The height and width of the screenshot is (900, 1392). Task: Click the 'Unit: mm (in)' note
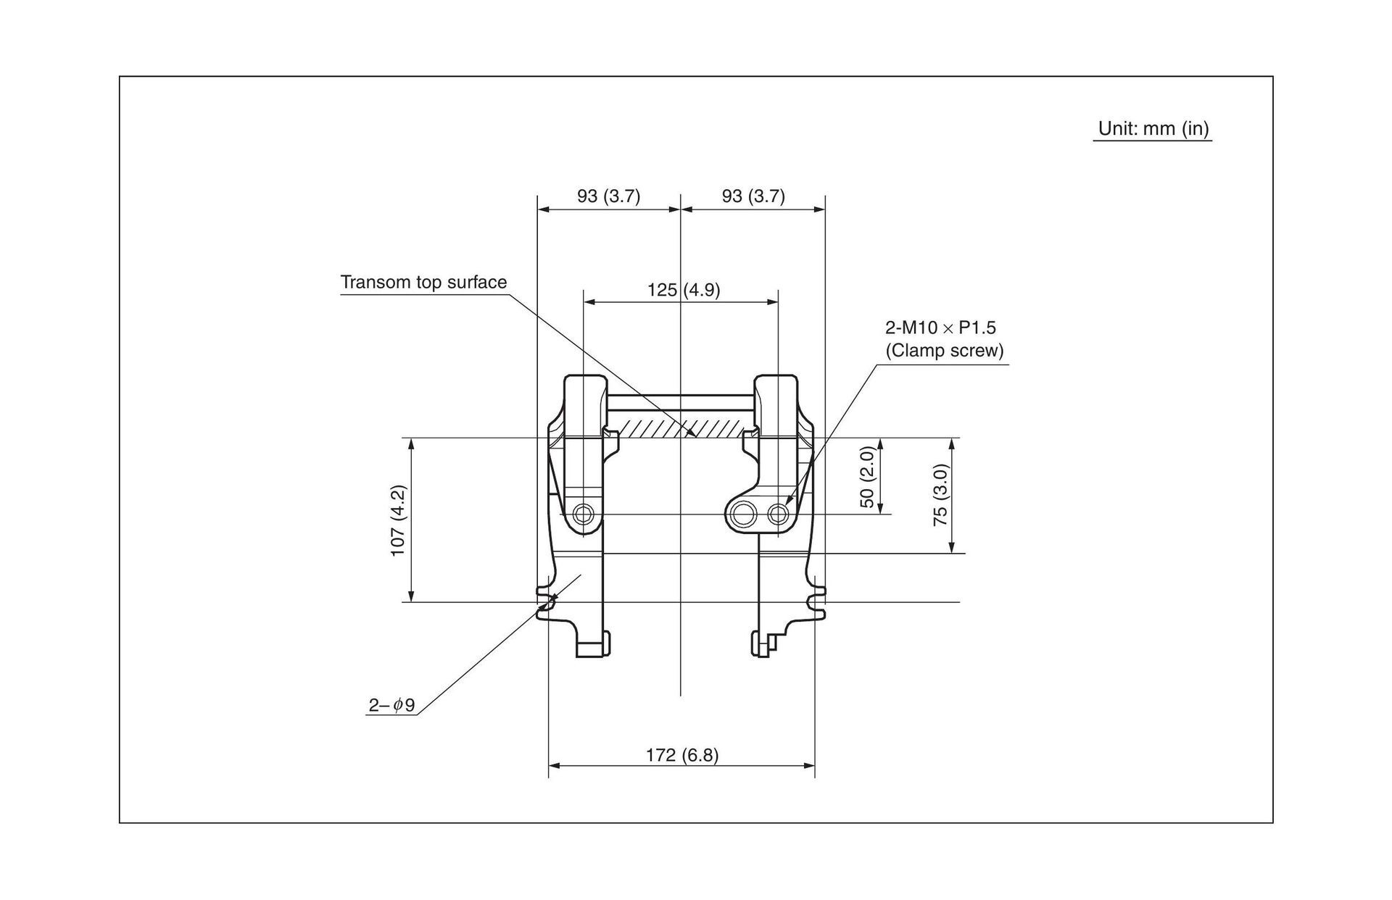click(1153, 129)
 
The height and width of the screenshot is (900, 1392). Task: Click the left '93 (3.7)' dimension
click(608, 196)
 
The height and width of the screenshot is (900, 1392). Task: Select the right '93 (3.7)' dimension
click(753, 196)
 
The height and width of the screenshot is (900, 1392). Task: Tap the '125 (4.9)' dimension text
click(683, 291)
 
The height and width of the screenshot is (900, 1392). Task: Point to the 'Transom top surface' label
click(423, 283)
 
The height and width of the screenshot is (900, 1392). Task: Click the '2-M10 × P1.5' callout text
click(940, 328)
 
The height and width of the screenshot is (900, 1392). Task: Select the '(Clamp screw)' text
click(944, 351)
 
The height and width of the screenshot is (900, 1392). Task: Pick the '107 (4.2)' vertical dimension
click(398, 520)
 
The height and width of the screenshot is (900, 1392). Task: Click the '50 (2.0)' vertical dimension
click(867, 477)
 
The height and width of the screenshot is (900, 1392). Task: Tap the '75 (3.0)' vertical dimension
click(940, 495)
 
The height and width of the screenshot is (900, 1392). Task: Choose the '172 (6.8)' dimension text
click(681, 756)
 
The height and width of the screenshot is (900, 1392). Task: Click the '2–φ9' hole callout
click(391, 705)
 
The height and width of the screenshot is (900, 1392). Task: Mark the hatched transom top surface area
click(678, 427)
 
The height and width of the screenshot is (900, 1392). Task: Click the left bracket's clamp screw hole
click(583, 514)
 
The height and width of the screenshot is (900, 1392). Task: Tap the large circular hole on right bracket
click(742, 514)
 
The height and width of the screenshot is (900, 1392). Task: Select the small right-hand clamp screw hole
click(779, 514)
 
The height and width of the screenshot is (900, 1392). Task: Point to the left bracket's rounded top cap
click(584, 395)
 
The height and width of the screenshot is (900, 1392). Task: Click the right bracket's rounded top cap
click(776, 395)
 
